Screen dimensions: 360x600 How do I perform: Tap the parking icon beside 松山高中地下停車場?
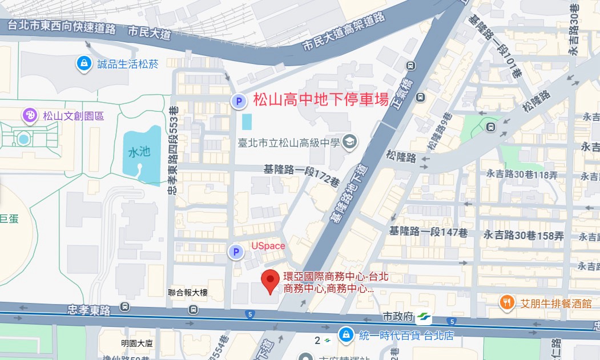coord(238,102)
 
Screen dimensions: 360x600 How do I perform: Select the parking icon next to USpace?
coord(235,252)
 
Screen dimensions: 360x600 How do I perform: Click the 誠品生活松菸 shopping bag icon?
coord(84,63)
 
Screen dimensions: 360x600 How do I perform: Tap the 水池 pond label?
coord(139,152)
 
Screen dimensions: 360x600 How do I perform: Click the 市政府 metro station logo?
coord(424,317)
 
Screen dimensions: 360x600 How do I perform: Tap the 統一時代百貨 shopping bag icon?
coord(345,335)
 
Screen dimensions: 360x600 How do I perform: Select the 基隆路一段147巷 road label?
coord(428,232)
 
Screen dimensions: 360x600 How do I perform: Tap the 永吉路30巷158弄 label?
coord(524,234)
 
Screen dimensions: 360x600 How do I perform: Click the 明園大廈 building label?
coord(138,343)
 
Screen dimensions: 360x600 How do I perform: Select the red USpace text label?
coord(268,245)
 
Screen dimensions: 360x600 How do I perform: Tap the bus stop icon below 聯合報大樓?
coord(193,309)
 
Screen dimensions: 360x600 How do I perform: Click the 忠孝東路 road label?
coord(88,310)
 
